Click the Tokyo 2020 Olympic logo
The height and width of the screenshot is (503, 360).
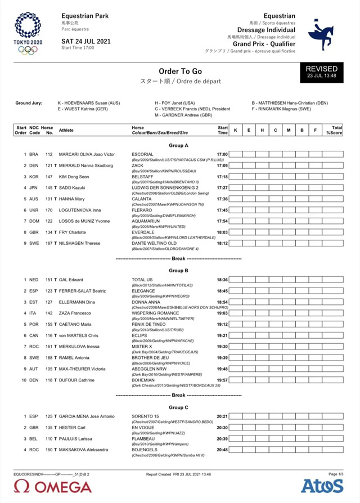click(x=28, y=34)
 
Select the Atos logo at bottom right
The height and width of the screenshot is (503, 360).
click(x=322, y=486)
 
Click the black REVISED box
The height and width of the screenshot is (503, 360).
click(x=322, y=71)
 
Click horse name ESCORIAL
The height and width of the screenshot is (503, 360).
click(x=142, y=154)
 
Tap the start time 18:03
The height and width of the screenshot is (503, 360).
click(x=222, y=232)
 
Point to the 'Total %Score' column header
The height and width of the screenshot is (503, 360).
click(x=336, y=130)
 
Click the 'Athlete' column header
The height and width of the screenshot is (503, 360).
click(x=66, y=130)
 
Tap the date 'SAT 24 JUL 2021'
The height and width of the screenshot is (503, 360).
click(x=85, y=41)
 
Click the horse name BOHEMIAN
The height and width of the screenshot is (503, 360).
click(x=144, y=380)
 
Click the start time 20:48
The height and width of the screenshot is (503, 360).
click(x=222, y=450)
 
